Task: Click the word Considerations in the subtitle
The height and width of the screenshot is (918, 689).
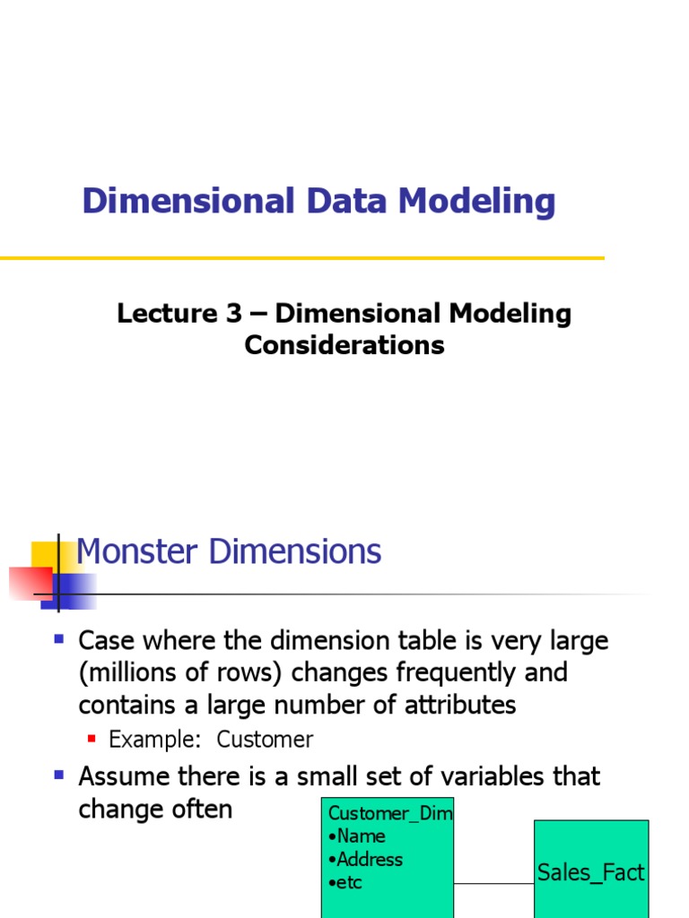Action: tap(344, 345)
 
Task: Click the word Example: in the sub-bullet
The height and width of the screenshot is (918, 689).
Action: tap(148, 740)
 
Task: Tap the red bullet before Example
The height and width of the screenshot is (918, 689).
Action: tap(92, 738)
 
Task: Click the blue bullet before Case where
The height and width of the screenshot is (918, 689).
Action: tap(60, 639)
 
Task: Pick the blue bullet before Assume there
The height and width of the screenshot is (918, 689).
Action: tap(60, 774)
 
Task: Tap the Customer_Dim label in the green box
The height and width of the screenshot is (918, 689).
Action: tap(390, 813)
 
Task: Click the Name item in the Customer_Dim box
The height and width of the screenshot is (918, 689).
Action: tap(360, 836)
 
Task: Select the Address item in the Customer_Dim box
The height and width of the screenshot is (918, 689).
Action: tap(369, 860)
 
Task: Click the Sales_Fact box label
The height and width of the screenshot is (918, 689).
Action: tap(591, 872)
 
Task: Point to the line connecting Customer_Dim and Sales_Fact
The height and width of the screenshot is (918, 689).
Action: tap(494, 884)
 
